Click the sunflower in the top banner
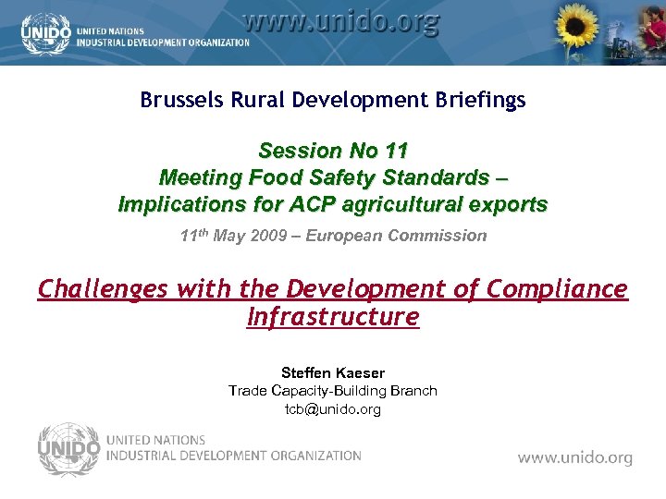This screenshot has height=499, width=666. coord(574,29)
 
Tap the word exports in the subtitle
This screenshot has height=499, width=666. coord(506,203)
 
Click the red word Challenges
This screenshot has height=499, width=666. coord(103,289)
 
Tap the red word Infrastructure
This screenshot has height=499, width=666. coord(333,317)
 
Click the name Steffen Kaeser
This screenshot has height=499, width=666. coord(333,372)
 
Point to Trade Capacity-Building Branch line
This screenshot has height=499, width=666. coord(333,391)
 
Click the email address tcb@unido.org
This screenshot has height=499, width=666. coord(333,408)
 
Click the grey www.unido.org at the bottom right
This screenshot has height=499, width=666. coord(574,457)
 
